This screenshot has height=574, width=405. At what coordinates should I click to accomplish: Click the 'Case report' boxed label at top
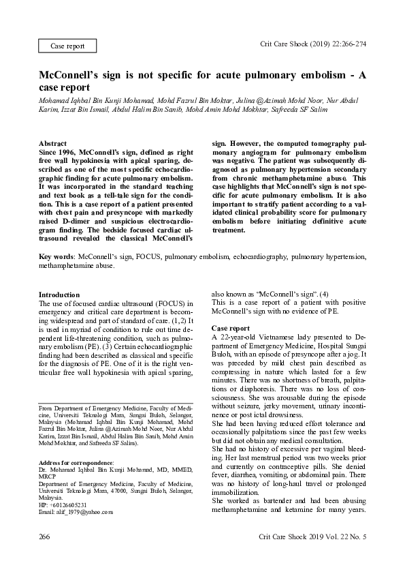point(67,46)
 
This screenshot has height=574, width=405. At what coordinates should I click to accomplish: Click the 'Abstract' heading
point(52,144)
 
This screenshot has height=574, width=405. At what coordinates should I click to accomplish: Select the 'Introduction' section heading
point(59,294)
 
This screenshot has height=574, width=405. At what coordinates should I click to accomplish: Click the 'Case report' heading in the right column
point(231,329)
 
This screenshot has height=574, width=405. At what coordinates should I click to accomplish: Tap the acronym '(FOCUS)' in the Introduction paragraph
point(160,303)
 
